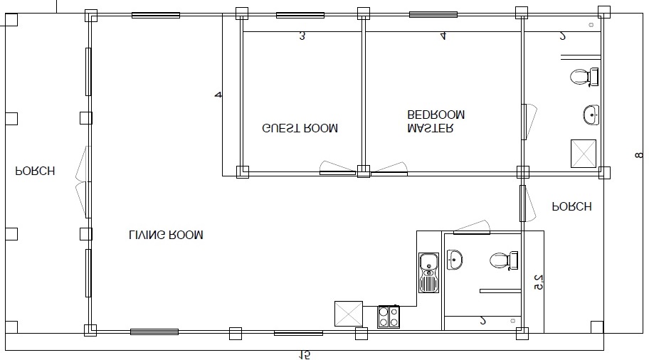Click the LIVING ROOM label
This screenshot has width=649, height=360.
click(x=166, y=235)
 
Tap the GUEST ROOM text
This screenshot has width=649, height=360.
click(x=300, y=128)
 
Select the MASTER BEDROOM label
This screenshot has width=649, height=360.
click(x=436, y=121)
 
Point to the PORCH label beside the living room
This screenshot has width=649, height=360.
click(x=35, y=171)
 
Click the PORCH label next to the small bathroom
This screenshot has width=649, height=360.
click(x=572, y=206)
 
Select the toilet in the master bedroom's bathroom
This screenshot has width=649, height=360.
click(x=584, y=77)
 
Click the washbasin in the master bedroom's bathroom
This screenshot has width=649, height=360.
click(x=591, y=115)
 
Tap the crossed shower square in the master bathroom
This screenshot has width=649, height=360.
click(x=584, y=154)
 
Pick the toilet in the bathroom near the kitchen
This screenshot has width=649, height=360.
click(x=504, y=260)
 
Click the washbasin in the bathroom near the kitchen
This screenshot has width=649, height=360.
click(x=455, y=260)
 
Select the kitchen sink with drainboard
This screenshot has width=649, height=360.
click(x=429, y=272)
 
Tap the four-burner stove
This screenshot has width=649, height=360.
click(x=389, y=317)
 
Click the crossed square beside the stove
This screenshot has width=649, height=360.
click(x=349, y=314)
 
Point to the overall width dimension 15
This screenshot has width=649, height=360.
click(x=305, y=355)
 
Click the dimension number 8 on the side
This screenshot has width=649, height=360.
click(x=639, y=156)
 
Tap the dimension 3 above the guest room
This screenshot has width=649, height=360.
click(x=302, y=36)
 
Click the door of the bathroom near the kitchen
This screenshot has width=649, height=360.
click(x=472, y=228)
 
